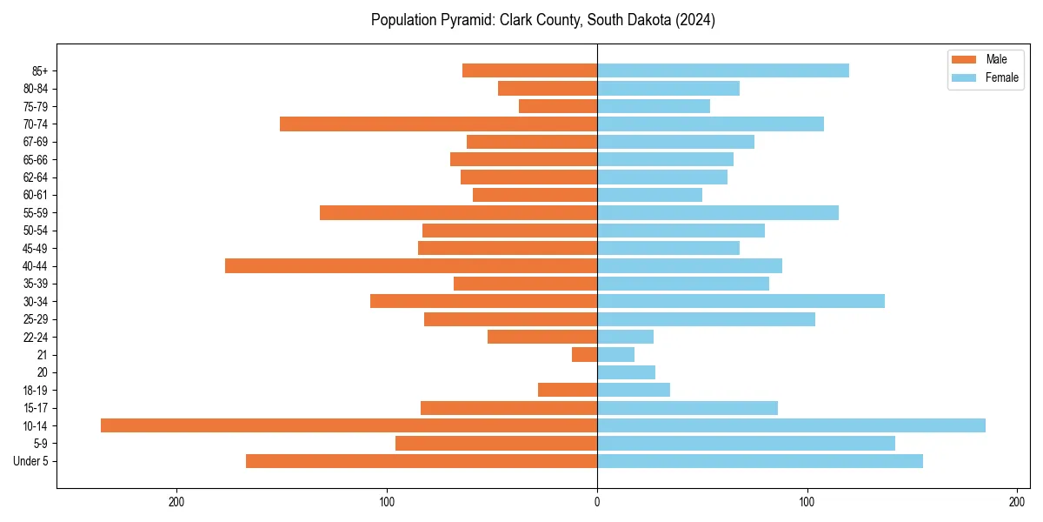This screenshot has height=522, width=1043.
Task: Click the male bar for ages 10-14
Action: (x=349, y=425)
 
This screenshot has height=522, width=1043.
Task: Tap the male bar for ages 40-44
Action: (x=411, y=266)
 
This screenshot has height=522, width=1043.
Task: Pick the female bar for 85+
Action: (x=723, y=70)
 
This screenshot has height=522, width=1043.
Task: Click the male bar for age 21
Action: (x=584, y=355)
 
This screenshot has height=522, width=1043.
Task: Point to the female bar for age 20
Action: (x=626, y=372)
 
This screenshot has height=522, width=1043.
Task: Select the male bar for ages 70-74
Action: (x=438, y=124)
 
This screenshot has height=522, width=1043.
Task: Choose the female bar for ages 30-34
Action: (x=741, y=301)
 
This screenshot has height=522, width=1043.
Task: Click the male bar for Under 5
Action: (x=422, y=461)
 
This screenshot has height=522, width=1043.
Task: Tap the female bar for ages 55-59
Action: (x=718, y=213)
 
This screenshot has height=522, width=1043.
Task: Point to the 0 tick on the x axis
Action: (x=597, y=502)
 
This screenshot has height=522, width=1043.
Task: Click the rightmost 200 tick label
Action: (x=1017, y=502)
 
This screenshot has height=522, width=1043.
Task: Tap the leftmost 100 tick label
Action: (x=387, y=502)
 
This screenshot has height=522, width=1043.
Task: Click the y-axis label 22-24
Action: (x=36, y=338)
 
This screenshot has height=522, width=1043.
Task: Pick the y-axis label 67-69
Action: (x=36, y=142)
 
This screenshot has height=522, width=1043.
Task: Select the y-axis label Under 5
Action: (x=31, y=461)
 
